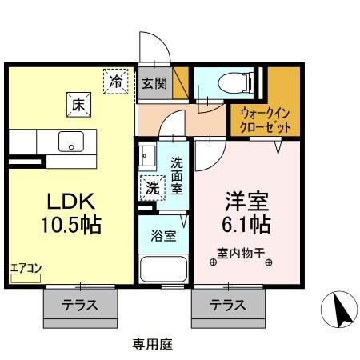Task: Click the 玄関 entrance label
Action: pos(154,82)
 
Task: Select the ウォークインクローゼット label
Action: pos(265,121)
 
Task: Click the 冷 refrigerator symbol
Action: pos(117,81)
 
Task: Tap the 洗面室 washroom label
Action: pos(177,174)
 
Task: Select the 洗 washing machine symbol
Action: pos(151,189)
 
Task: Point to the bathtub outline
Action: pos(163,268)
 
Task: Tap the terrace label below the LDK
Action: pos(80,305)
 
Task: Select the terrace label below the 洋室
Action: pos(227,305)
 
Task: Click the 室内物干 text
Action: pos(244,259)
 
